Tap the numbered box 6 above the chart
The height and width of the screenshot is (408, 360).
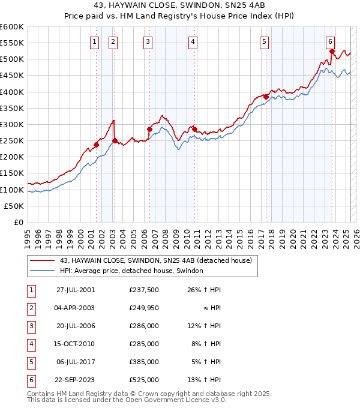[x=331, y=41]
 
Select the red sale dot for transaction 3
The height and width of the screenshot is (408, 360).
[x=149, y=129]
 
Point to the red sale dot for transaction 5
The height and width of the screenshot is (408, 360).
[x=265, y=97]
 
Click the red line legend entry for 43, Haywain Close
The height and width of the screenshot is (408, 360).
[x=158, y=260]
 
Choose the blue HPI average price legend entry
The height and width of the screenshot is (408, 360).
[x=131, y=271]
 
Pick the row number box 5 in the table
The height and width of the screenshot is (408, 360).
[x=30, y=362]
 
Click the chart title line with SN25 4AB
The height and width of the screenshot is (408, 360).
[x=180, y=6]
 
